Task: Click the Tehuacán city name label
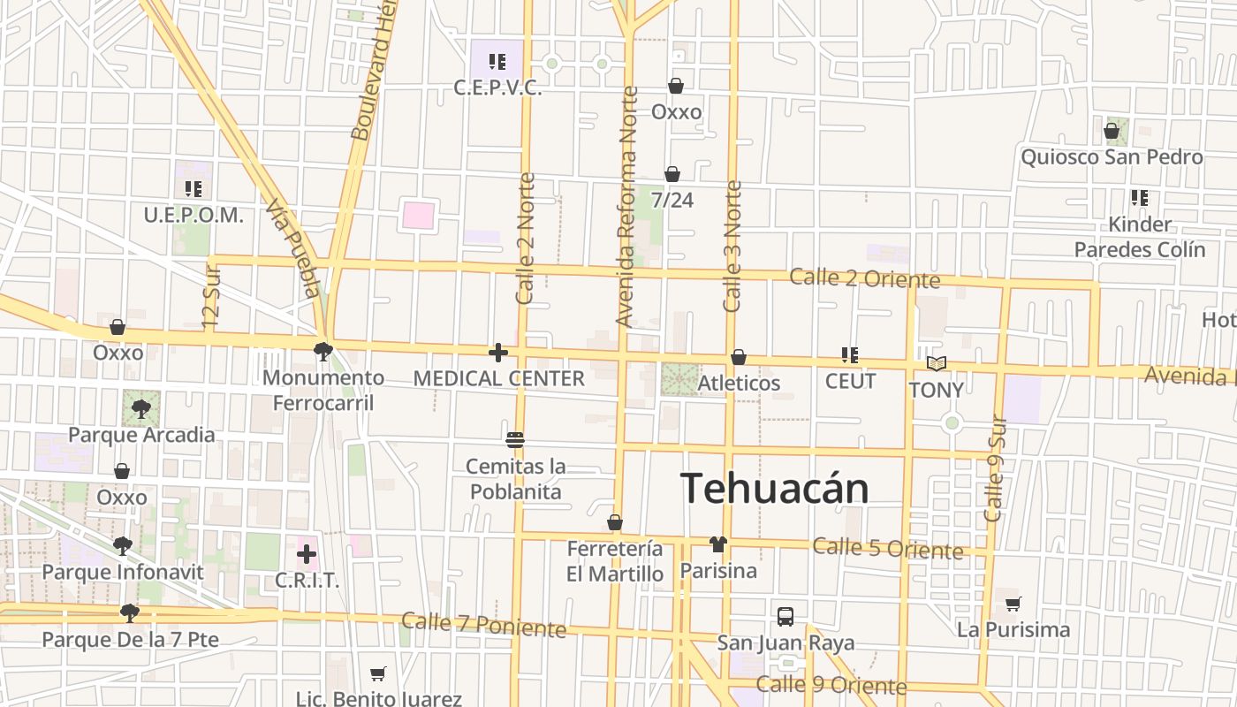tap(774, 489)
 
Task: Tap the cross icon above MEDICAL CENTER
tap(498, 353)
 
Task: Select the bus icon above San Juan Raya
tap(785, 617)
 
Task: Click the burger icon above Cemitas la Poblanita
tap(515, 439)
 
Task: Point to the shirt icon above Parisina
tap(717, 544)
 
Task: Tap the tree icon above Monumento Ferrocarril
tap(323, 352)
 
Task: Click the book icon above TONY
tap(936, 363)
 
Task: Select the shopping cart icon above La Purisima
tap(1013, 604)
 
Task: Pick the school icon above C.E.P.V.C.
tap(497, 62)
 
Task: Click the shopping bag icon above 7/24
tap(672, 174)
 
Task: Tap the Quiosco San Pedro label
tap(1112, 157)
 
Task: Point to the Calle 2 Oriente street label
tap(864, 278)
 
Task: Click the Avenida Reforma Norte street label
tap(627, 207)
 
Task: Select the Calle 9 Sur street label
tap(995, 468)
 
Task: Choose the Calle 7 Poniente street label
tap(483, 625)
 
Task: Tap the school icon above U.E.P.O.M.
tap(194, 188)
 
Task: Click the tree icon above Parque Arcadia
tap(140, 408)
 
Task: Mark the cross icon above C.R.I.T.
tap(307, 554)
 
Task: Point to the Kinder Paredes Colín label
tap(1139, 237)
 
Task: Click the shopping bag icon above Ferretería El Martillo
tap(615, 523)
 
